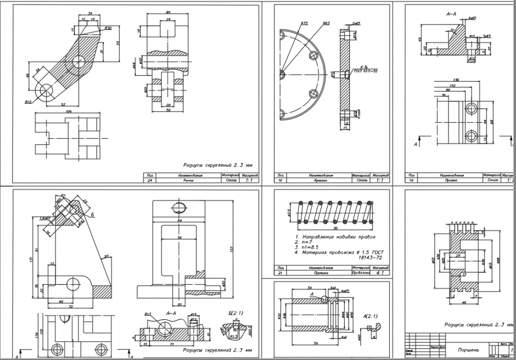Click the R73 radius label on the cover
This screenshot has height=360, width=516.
pos(304,24)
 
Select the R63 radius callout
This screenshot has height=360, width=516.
pos(326,24)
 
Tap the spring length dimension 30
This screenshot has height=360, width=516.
pos(335,228)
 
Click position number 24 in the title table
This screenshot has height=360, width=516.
pos(150,181)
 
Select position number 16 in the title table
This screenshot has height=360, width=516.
pos(281,181)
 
